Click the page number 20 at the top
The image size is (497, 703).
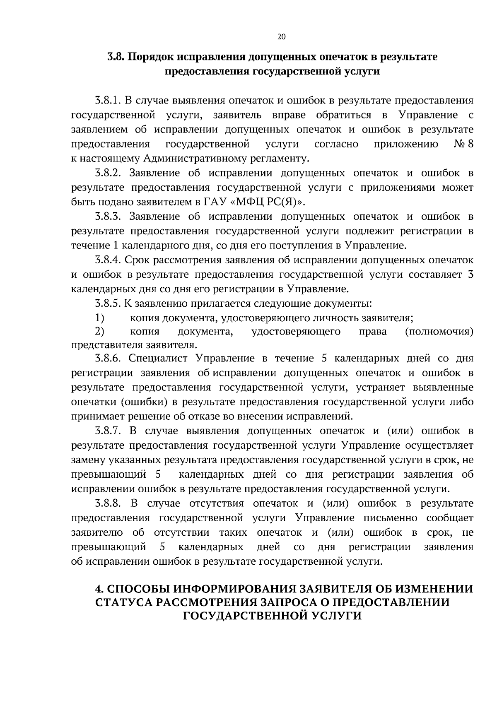[x=281, y=37]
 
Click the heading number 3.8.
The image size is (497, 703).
[x=116, y=57]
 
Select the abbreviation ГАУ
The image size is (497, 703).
[x=215, y=202]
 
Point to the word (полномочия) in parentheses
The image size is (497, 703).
[x=439, y=332]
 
